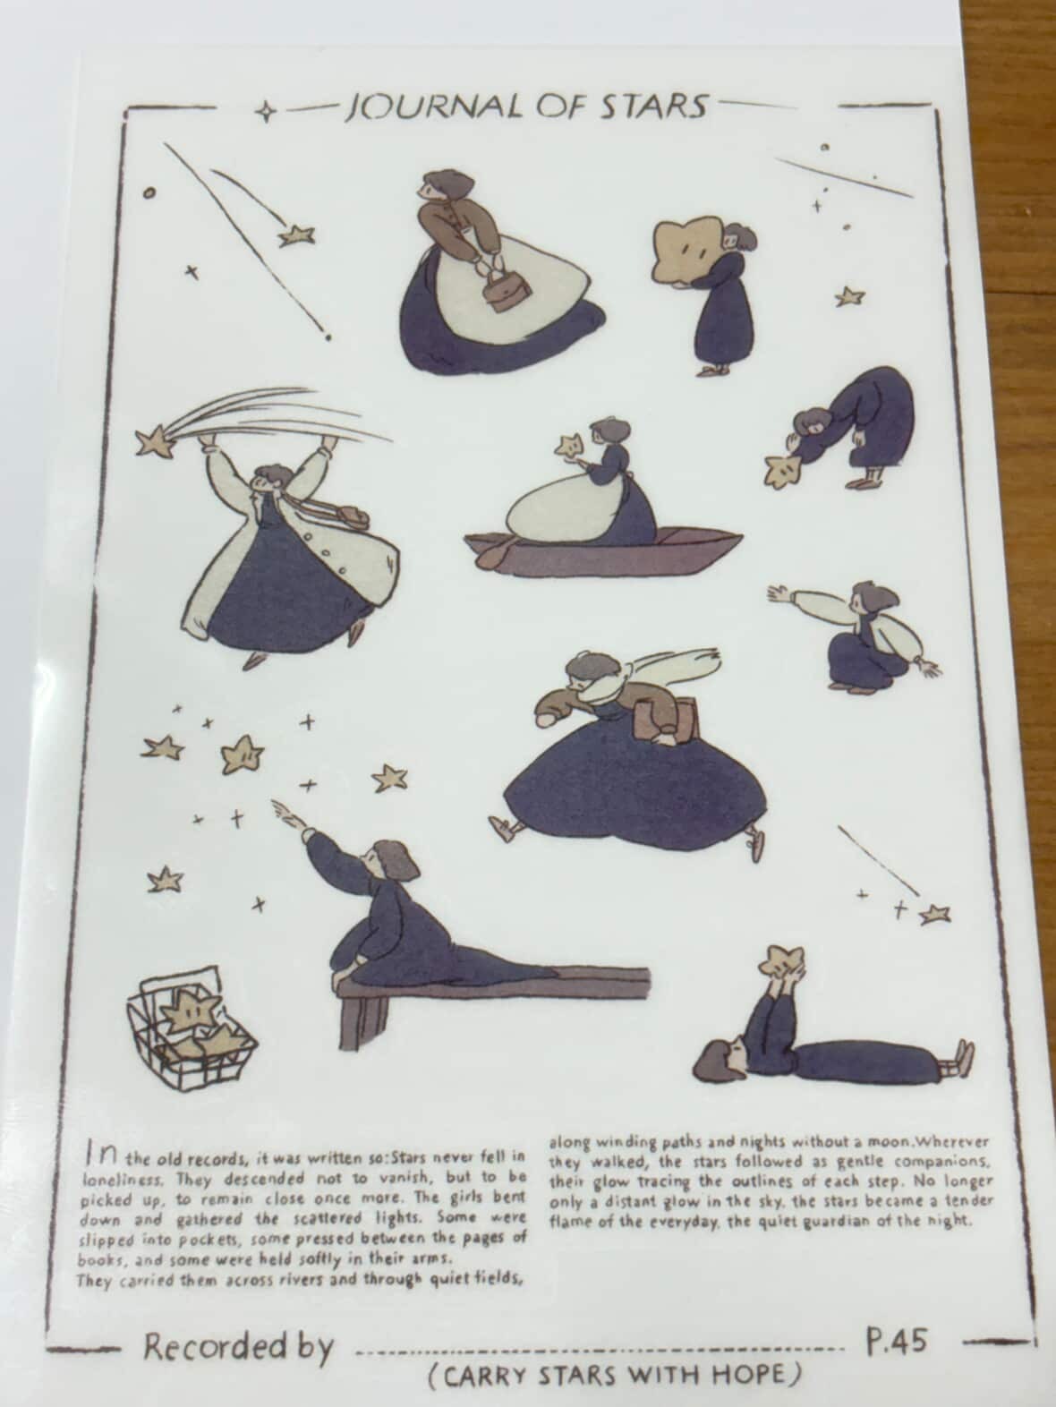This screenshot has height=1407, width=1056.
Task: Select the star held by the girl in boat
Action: coord(568,446)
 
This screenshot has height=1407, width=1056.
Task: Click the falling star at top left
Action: coord(297,235)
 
